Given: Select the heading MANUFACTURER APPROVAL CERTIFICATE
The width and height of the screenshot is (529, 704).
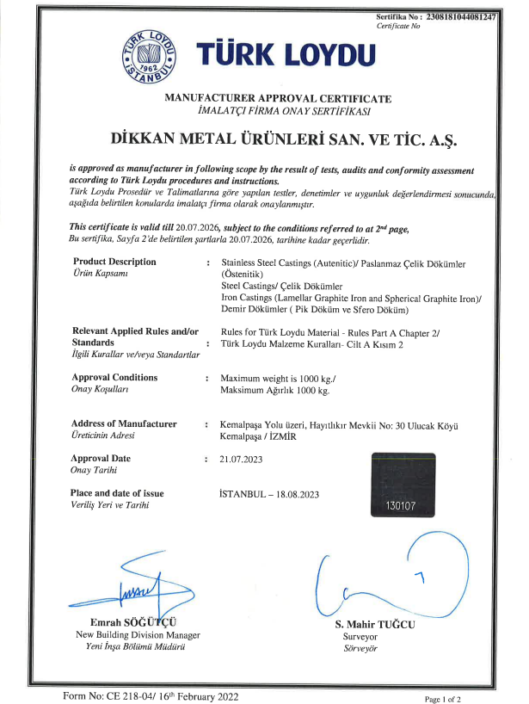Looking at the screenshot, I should click(278, 100).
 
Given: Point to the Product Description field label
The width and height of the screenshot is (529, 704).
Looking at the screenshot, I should click(114, 262).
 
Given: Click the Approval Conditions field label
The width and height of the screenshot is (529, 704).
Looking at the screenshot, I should click(115, 378).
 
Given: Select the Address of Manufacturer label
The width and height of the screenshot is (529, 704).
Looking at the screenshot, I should click(125, 424).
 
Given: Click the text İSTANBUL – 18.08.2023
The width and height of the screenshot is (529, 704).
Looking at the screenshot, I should click(269, 494).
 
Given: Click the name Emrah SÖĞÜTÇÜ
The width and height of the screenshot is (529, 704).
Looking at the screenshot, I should click(138, 622).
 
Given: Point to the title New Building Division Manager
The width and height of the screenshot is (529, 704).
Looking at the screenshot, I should click(138, 635).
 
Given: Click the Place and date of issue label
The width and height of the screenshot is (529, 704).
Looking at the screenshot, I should click(116, 494).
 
